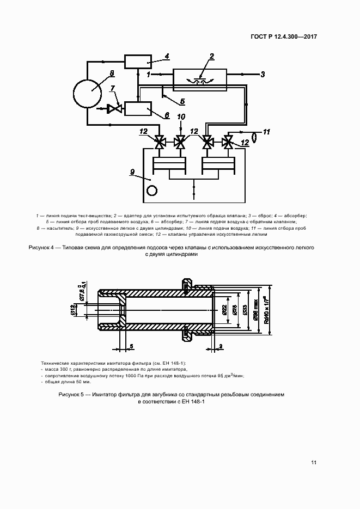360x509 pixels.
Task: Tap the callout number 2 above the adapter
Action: point(211,56)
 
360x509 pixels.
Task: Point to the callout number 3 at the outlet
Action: point(262,75)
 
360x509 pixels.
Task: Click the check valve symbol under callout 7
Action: point(115,109)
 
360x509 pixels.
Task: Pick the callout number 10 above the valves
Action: point(181,117)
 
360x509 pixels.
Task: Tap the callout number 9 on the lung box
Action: point(132,172)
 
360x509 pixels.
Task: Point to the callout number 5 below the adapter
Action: point(182,101)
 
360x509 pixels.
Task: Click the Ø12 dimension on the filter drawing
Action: point(72,309)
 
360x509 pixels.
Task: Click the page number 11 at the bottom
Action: point(314,463)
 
